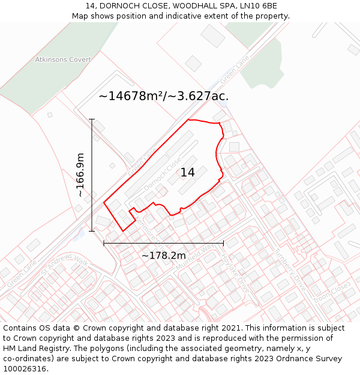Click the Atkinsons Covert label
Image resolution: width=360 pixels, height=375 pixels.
click(63, 60)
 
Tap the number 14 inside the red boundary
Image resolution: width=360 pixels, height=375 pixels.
click(188, 173)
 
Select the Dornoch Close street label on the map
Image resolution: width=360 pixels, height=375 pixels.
click(162, 170)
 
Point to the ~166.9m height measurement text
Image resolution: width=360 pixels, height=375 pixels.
click(80, 175)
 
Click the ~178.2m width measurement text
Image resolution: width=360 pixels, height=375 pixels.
click(163, 256)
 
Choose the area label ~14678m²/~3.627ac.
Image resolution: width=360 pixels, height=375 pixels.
click(163, 96)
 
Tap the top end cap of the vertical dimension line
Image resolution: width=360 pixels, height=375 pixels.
click(92, 119)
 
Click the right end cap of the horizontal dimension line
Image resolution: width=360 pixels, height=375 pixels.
click(223, 243)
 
